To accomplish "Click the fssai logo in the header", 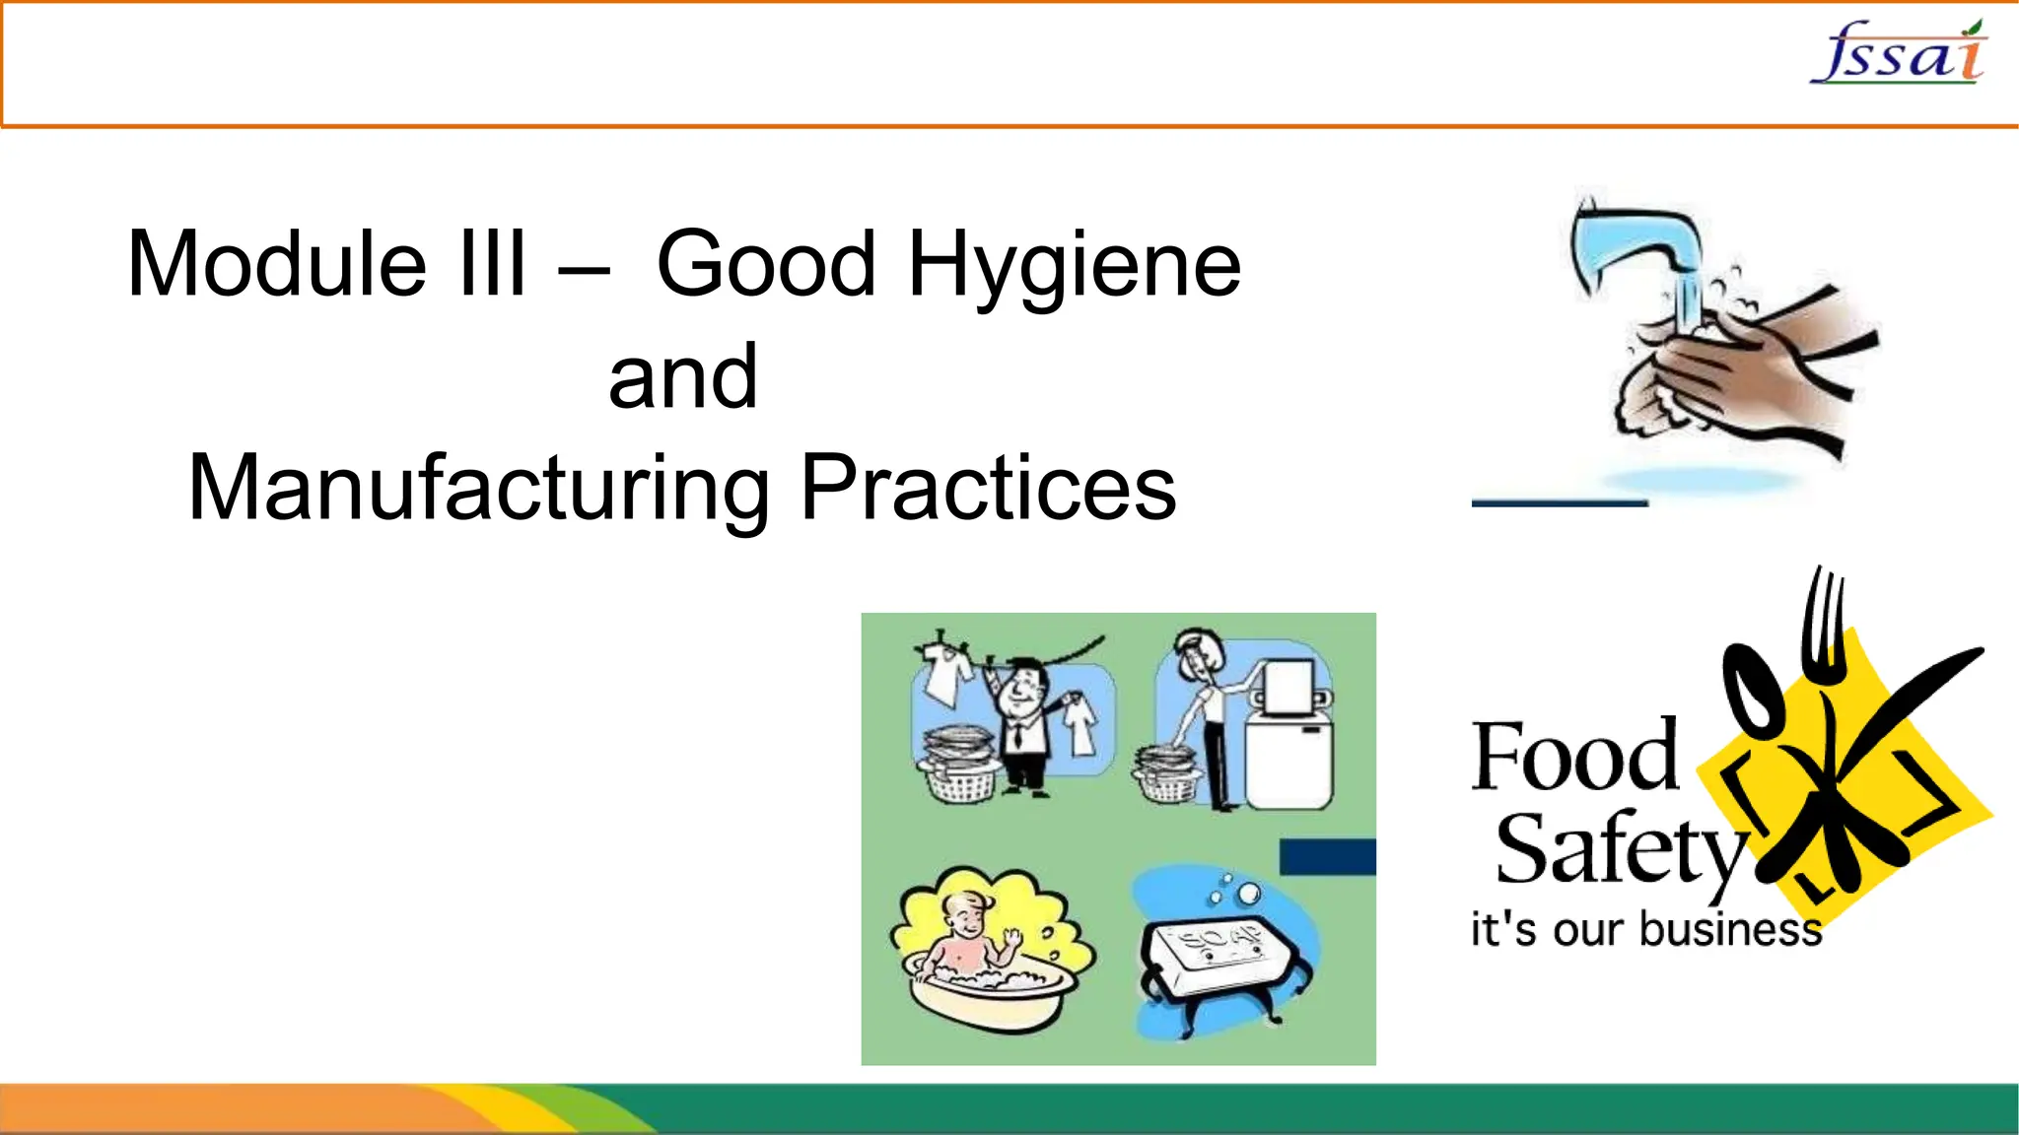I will (x=1899, y=53).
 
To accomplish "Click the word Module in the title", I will (x=277, y=264).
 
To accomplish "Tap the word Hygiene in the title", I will (x=1075, y=266).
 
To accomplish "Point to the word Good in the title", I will (x=766, y=264).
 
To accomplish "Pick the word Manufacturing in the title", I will (x=479, y=490).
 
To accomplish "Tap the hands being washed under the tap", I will (x=1735, y=374).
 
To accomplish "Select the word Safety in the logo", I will (x=1617, y=850).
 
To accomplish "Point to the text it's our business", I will (x=1645, y=930).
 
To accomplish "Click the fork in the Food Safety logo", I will (x=1824, y=631).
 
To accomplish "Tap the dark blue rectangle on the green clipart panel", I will (x=1327, y=856).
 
